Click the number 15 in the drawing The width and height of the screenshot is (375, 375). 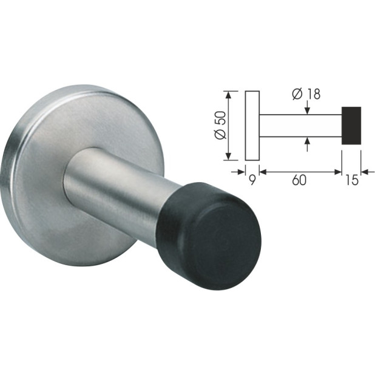[351, 180]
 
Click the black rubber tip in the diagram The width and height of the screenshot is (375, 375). [351, 126]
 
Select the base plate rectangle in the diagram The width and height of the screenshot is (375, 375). [252, 126]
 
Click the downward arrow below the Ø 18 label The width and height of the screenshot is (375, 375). [308, 110]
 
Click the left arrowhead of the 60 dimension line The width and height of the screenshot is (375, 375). [264, 172]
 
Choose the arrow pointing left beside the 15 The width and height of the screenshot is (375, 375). [365, 172]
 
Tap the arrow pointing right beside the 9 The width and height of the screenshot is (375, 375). [241, 172]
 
